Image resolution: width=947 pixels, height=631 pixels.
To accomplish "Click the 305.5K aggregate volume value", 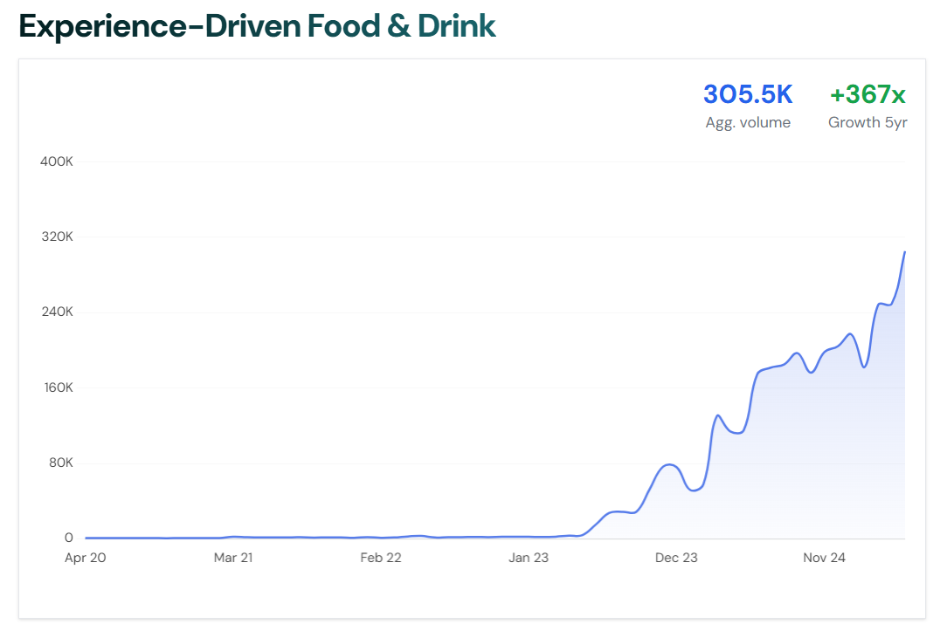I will click(x=748, y=94).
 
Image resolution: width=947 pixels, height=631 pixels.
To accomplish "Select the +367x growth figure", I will click(x=868, y=94).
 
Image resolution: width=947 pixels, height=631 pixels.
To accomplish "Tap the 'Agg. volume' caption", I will click(x=748, y=123).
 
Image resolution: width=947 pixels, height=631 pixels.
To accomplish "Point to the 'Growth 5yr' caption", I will click(x=868, y=123).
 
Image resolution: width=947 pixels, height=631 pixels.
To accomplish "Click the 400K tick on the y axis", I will click(x=57, y=162).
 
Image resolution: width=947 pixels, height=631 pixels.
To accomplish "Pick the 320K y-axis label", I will click(x=57, y=237).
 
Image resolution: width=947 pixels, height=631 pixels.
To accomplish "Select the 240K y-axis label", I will click(x=57, y=312).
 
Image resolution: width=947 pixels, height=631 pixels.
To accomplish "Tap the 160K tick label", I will click(x=57, y=388).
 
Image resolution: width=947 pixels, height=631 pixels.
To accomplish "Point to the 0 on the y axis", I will click(x=68, y=538).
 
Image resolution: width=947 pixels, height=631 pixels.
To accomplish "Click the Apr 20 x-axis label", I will click(x=86, y=558).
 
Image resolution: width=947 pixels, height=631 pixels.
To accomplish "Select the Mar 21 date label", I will click(x=233, y=558).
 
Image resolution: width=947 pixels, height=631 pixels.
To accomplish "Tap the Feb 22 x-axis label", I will click(x=381, y=558).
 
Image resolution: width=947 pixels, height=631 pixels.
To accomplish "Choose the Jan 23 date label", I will click(x=529, y=558).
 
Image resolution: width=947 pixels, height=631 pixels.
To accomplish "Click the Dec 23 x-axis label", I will click(x=676, y=558).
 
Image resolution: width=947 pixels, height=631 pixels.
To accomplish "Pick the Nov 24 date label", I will click(x=824, y=558).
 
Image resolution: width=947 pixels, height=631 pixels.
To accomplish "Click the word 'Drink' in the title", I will click(x=457, y=26).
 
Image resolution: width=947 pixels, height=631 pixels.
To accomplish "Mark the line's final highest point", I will click(x=904, y=252).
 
